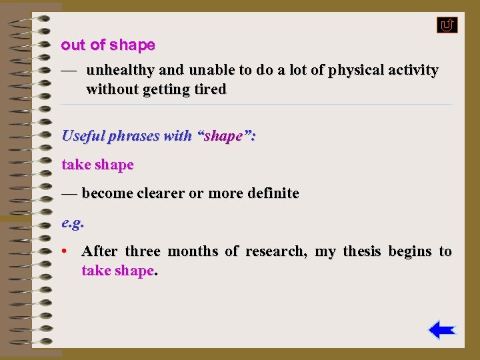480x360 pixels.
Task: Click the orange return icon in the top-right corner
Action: coord(447,25)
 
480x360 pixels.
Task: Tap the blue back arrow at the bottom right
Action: coord(441,330)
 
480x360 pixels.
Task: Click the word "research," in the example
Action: coord(276,251)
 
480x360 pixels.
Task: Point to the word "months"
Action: coord(193,251)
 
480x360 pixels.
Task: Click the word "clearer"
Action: coord(161,194)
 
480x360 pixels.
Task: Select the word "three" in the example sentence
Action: coord(143,251)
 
